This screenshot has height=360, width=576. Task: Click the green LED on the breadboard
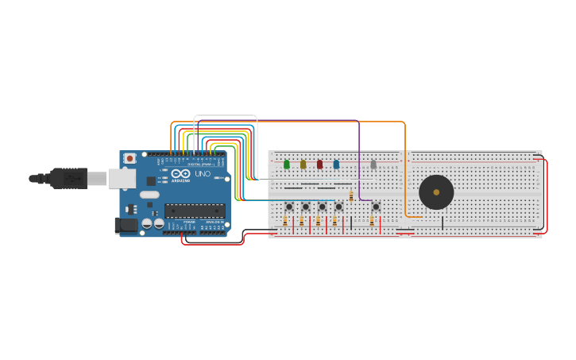coord(287,165)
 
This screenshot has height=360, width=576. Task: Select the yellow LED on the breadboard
coord(303,165)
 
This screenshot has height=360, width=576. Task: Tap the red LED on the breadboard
coord(320,165)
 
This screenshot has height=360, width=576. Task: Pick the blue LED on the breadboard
coord(336,165)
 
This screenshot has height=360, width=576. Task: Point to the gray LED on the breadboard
coord(373,165)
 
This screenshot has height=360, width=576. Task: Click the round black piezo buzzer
coord(436,192)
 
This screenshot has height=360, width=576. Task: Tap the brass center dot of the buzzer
coord(436,192)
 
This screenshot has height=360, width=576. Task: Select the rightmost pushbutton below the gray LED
coord(376,207)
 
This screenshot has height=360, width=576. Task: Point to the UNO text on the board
coord(203,174)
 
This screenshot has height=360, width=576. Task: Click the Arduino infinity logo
coord(180,174)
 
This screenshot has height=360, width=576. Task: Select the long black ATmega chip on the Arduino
coord(195,211)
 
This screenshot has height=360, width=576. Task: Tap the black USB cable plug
coord(68,179)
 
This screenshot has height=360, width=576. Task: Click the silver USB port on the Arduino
coord(122,179)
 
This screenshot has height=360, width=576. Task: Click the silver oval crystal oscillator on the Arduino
coord(149,195)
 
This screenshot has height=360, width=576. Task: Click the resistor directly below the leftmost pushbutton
coord(285,223)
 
